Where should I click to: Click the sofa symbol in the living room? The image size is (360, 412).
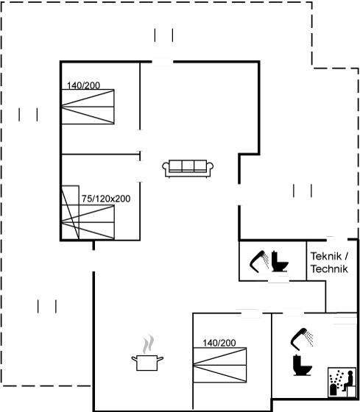click(x=188, y=168)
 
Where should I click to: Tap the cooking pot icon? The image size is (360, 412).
click(x=147, y=363)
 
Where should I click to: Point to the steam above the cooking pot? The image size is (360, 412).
click(x=148, y=344)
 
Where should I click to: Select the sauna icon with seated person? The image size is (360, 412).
click(x=342, y=383)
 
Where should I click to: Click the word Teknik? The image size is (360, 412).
click(x=326, y=256)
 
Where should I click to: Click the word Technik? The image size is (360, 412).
click(x=329, y=269)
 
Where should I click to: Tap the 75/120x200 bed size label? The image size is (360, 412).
click(x=106, y=199)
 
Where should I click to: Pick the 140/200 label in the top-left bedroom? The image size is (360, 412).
click(x=83, y=85)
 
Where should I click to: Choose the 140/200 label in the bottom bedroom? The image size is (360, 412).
click(x=219, y=343)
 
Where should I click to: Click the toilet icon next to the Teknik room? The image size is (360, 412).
click(x=280, y=261)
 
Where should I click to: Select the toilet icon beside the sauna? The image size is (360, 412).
click(x=302, y=365)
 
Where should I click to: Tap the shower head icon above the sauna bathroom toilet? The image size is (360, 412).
click(x=302, y=339)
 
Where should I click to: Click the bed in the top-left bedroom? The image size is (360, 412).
click(x=88, y=107)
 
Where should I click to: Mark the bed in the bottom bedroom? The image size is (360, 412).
click(x=220, y=365)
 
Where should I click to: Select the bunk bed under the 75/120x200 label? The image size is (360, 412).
click(x=88, y=213)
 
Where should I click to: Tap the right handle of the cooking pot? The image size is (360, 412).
click(x=160, y=358)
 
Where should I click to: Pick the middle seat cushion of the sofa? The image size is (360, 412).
click(x=188, y=166)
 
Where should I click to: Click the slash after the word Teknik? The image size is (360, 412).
click(x=346, y=256)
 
